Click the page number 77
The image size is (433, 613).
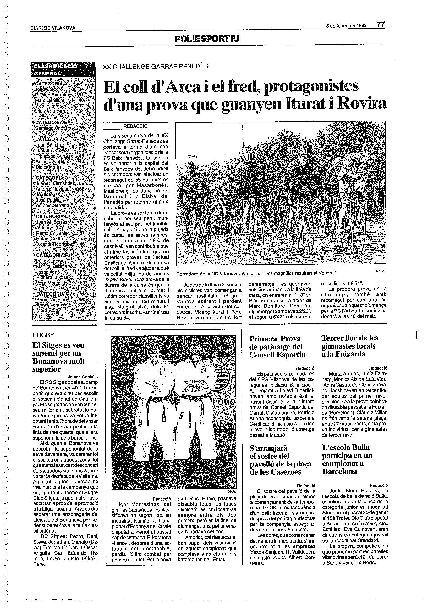tap(380, 24)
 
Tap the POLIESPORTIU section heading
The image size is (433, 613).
tap(207, 39)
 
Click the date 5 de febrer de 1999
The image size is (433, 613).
tap(347, 26)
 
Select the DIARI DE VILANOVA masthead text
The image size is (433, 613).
tap(53, 28)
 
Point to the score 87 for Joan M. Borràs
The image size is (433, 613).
tap(82, 222)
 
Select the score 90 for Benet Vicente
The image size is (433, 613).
tap(83, 300)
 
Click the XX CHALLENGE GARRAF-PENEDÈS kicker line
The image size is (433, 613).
tap(155, 67)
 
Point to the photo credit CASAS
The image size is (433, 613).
tap(381, 271)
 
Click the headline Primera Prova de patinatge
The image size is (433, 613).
tap(277, 346)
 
